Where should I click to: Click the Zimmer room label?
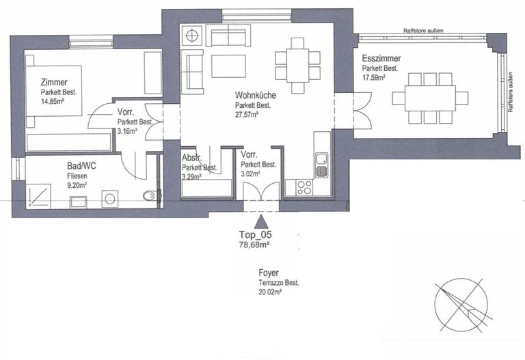tap(54, 82)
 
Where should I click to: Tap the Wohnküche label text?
tap(256, 95)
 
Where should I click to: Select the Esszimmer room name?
tap(381, 58)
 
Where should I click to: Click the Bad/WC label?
tap(81, 166)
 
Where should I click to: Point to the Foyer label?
tap(269, 273)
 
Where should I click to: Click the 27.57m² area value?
tap(246, 115)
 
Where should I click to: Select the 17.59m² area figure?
tap(373, 78)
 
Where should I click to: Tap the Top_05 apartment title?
tap(255, 234)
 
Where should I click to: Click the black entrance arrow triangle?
tap(261, 221)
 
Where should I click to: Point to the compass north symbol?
tap(461, 305)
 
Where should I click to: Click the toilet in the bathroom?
tap(150, 196)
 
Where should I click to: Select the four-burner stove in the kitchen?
tap(304, 187)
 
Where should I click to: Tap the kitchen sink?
tap(322, 165)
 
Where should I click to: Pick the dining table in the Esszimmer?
tap(430, 98)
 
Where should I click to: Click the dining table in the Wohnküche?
tap(297, 66)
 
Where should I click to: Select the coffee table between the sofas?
tap(229, 66)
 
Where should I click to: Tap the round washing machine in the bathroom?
tap(110, 199)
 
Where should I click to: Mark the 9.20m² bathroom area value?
tap(77, 186)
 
